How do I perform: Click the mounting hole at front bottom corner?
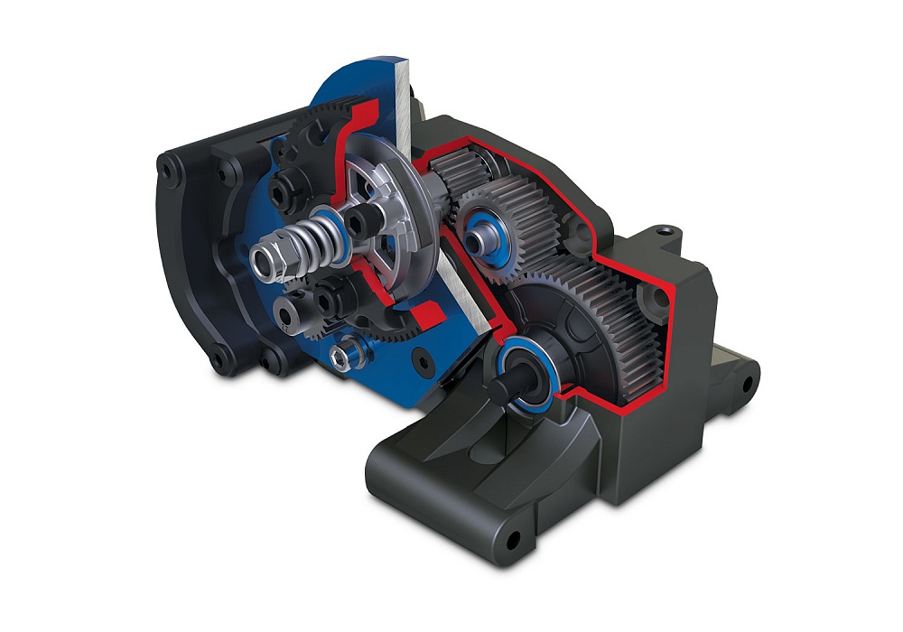[x=513, y=540]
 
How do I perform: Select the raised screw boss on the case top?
[x=666, y=232]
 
